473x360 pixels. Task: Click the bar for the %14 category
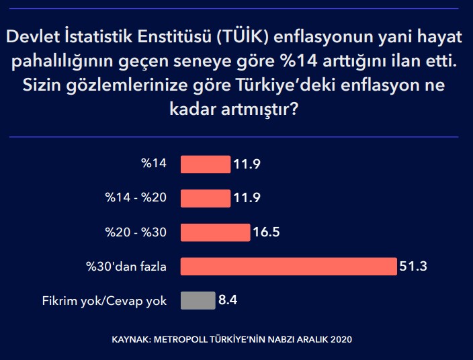(x=206, y=165)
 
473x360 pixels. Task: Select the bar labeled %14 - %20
(x=206, y=198)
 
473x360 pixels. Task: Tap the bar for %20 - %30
(x=216, y=232)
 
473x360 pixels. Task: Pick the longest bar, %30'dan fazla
(x=289, y=267)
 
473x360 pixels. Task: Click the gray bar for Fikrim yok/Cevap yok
(x=198, y=301)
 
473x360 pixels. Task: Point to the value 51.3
(x=413, y=266)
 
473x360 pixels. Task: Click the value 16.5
(x=266, y=232)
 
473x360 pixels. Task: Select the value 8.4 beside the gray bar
(x=228, y=300)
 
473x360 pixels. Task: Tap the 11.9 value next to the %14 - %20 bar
(x=247, y=197)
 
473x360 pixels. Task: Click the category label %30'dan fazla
(x=126, y=267)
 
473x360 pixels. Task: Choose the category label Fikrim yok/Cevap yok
(x=104, y=301)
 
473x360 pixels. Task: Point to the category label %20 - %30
(x=136, y=232)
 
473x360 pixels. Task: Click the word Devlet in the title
(x=32, y=36)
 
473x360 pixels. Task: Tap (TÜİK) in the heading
(x=243, y=36)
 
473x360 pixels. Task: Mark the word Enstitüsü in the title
(x=175, y=36)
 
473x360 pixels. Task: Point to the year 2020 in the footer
(x=341, y=340)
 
